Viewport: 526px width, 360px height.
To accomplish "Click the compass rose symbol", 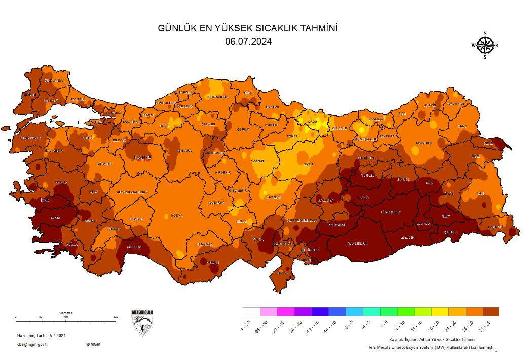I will pyautogui.click(x=485, y=46).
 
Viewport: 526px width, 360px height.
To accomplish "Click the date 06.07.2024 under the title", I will pyautogui.click(x=248, y=42).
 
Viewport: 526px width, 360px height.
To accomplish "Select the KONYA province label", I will pyautogui.click(x=176, y=215).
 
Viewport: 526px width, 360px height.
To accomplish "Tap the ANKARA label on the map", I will pyautogui.click(x=184, y=150).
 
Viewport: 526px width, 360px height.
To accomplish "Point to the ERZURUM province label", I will pyautogui.click(x=424, y=143).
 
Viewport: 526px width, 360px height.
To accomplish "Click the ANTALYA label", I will pyautogui.click(x=133, y=247).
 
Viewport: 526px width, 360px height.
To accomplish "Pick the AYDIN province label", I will pyautogui.click(x=54, y=218).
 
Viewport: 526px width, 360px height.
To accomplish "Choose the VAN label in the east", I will pyautogui.click(x=481, y=193).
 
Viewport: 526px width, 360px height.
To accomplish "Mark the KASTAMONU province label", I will pyautogui.click(x=217, y=97).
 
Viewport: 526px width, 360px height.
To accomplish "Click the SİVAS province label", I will pyautogui.click(x=308, y=164).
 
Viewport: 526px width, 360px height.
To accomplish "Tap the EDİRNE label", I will pyautogui.click(x=30, y=94).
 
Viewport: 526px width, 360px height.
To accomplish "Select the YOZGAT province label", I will pyautogui.click(x=258, y=161).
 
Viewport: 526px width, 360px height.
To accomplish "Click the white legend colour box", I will pyautogui.click(x=251, y=311).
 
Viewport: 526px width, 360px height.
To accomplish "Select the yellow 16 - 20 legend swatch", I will pyautogui.click(x=440, y=311).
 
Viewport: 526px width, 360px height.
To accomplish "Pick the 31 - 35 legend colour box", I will pyautogui.click(x=491, y=311).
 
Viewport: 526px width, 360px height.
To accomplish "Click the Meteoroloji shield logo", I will pyautogui.click(x=142, y=323).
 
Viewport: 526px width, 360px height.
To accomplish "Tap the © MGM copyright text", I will pyautogui.click(x=93, y=344).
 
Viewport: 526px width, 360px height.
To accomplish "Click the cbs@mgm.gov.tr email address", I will pyautogui.click(x=32, y=344).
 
